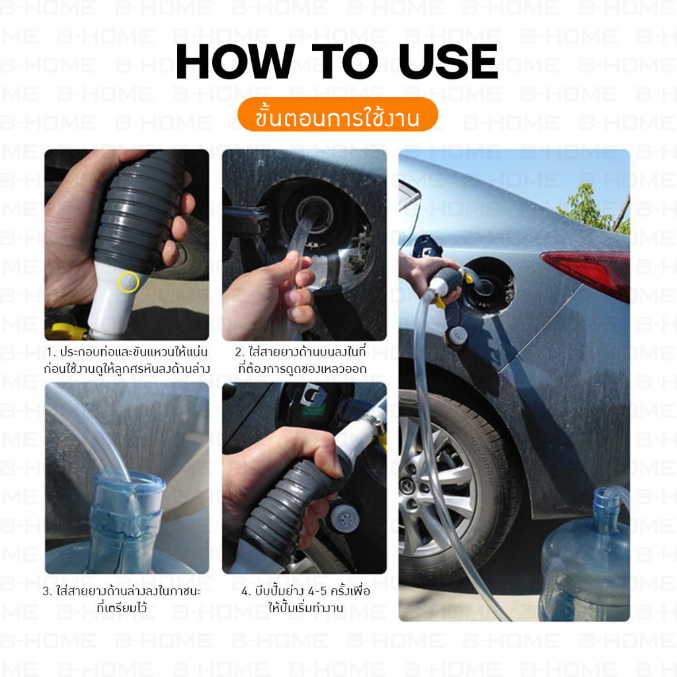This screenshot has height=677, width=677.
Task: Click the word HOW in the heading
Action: point(235,61)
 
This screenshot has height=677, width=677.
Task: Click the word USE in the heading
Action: point(448,61)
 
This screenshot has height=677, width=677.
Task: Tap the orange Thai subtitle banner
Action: point(338,114)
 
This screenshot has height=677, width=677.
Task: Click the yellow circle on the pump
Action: point(128,282)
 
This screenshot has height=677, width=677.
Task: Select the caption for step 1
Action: point(127,360)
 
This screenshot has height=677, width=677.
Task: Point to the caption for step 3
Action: point(122,599)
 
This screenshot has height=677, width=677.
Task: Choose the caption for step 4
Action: point(305,599)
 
